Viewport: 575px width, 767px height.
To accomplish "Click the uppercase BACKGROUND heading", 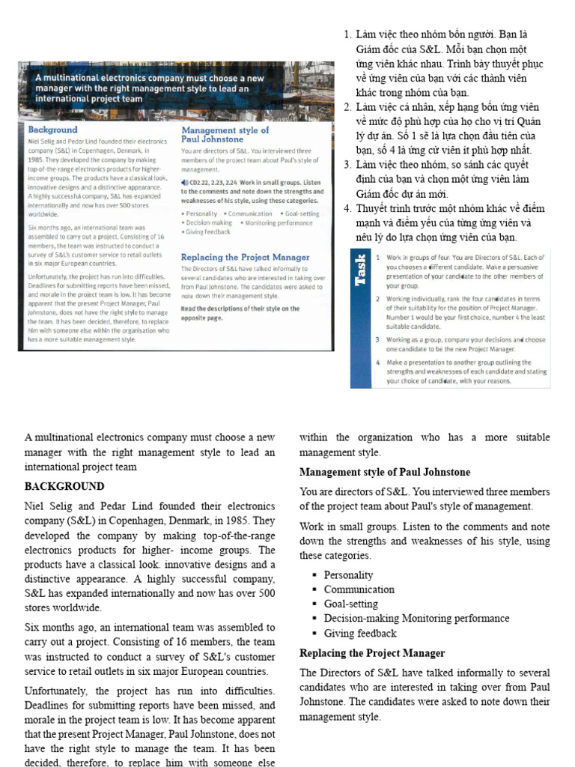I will (64, 486).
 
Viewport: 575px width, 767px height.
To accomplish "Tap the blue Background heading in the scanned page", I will (52, 130).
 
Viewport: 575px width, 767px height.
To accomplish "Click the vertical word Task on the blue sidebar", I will (362, 270).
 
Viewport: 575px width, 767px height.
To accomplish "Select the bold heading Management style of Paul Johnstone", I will (385, 472).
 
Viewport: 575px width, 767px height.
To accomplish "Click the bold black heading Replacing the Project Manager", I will (372, 653).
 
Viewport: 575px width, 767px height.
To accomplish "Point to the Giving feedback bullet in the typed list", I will (360, 634).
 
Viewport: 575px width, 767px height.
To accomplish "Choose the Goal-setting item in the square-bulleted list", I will (350, 604).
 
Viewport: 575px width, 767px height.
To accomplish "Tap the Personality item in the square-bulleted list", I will (348, 575).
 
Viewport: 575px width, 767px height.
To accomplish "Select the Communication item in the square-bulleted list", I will (359, 589).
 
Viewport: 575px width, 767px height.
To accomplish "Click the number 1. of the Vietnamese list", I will (347, 35).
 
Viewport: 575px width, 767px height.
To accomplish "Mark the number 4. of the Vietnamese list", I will (347, 208).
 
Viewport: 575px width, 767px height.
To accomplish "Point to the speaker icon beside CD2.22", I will (185, 182).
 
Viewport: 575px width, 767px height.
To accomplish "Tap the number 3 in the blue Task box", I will (377, 339).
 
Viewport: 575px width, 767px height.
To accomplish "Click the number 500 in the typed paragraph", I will (267, 593).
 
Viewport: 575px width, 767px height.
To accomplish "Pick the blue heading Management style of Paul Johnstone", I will (225, 134).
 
